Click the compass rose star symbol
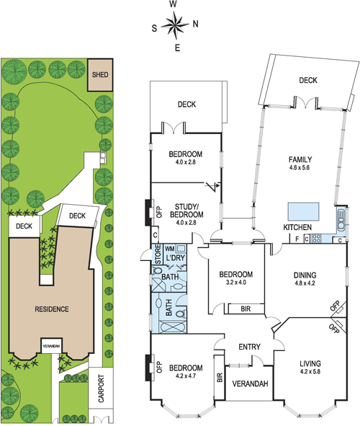coord(175,25)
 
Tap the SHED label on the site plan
coord(100,75)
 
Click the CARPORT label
coord(101,389)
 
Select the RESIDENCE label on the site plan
coord(52,309)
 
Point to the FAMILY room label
coord(300,159)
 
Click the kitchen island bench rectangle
coord(304,212)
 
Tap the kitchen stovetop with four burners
coord(316,239)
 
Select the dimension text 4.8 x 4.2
coord(305,283)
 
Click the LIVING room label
coord(310,363)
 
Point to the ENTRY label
coord(250,347)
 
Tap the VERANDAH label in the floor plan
coord(250,383)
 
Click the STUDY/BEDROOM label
coord(186,210)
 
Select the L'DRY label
coord(175,258)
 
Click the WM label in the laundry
coord(170,249)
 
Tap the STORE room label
coord(158,254)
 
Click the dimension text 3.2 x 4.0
coord(236,283)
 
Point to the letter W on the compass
coord(174,4)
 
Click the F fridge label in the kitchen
coord(297,239)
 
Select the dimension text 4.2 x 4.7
coord(186,376)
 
